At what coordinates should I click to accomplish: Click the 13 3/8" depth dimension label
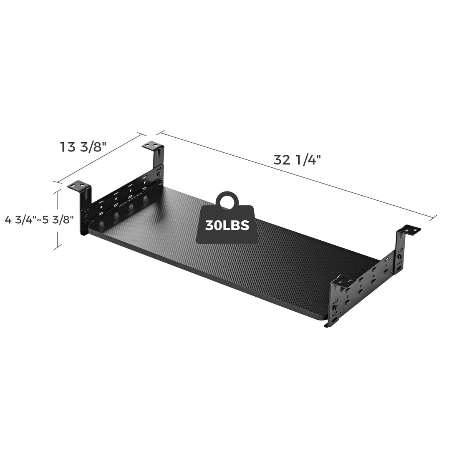tap(84, 147)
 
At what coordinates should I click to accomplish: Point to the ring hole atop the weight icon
tap(227, 201)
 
